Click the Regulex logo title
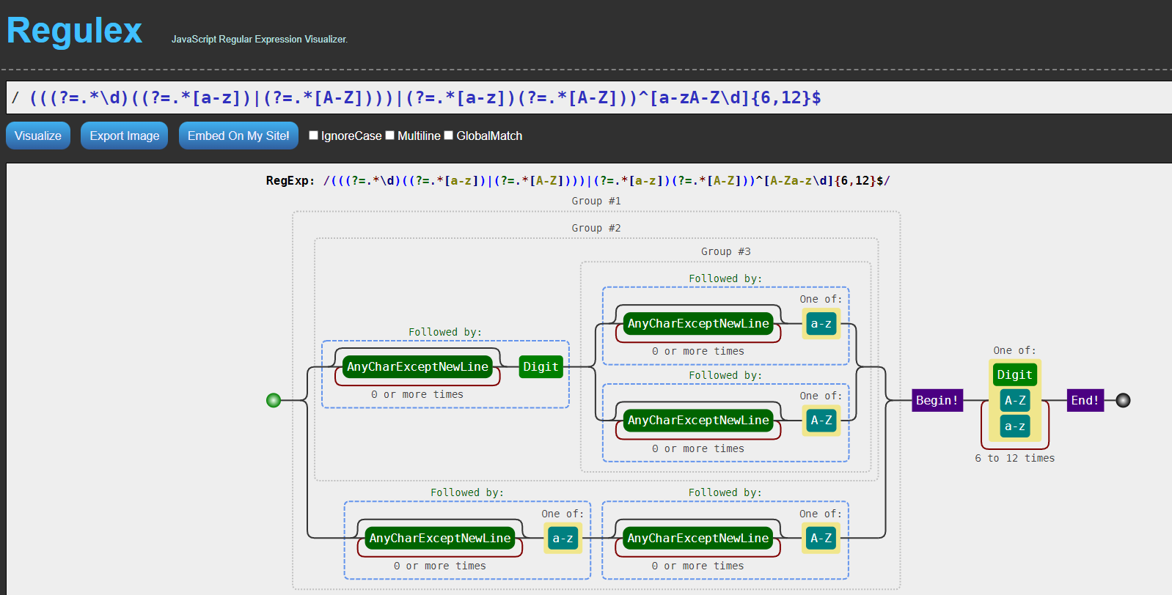click(x=74, y=30)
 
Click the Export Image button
click(x=125, y=136)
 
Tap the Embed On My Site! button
click(x=238, y=136)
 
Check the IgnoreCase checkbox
click(x=313, y=136)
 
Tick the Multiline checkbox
click(x=389, y=136)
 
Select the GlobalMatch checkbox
click(x=448, y=136)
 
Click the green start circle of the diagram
click(x=274, y=401)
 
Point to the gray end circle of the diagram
click(x=1124, y=401)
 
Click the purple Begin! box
click(x=937, y=401)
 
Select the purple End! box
click(x=1085, y=401)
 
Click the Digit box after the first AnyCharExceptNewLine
click(x=541, y=366)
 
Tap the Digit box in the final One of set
click(x=1014, y=375)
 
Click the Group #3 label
click(x=725, y=251)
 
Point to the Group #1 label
click(x=596, y=201)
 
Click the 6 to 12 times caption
click(x=1014, y=458)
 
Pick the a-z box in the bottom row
click(x=563, y=538)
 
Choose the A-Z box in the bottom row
click(x=821, y=538)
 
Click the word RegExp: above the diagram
click(x=290, y=181)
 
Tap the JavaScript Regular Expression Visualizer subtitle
click(x=260, y=40)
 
